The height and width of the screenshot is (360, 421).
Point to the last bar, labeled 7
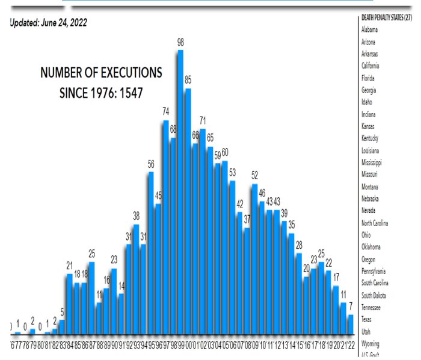[x=350, y=325]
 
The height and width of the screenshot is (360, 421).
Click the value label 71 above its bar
[x=203, y=120]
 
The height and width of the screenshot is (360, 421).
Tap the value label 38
[x=136, y=216]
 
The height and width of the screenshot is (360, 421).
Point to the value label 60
[x=225, y=151]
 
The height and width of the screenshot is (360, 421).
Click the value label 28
[x=298, y=245]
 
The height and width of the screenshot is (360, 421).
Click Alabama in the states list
[x=370, y=29]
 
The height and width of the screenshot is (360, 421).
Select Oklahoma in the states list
[x=372, y=246]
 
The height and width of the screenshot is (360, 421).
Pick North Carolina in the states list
[x=378, y=222]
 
